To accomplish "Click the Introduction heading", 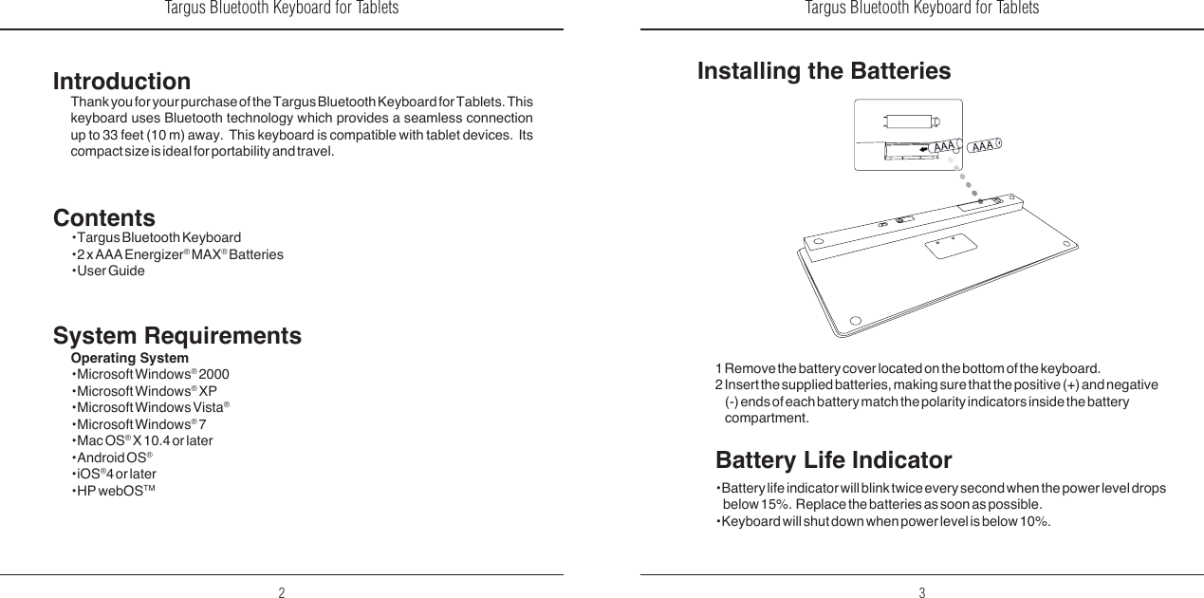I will [x=121, y=82].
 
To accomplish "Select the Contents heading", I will [x=104, y=219].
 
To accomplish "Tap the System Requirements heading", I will [x=177, y=336].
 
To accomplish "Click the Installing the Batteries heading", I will [x=824, y=71].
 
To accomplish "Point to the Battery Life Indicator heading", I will [x=833, y=461].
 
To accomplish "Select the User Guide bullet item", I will [x=110, y=271].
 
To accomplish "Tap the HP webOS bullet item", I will [x=114, y=490].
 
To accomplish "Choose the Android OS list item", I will [x=112, y=458].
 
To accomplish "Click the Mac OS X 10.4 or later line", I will [x=143, y=441].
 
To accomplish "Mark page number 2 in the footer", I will [x=282, y=593].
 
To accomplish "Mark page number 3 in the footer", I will [x=921, y=593].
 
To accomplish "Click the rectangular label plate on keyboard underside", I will [x=951, y=244].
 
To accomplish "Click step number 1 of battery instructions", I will [x=718, y=368].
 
